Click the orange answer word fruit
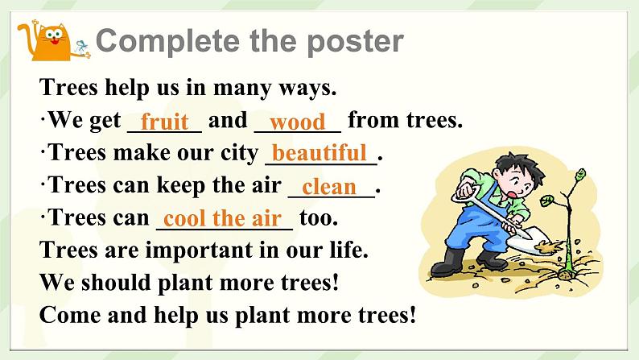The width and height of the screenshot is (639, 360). pyautogui.click(x=164, y=122)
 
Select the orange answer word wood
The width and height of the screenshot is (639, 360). pyautogui.click(x=297, y=122)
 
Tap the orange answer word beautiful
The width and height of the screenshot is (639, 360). pyautogui.click(x=319, y=153)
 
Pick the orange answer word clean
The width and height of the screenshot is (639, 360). pyautogui.click(x=328, y=186)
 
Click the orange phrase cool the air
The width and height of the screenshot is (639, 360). pyautogui.click(x=222, y=218)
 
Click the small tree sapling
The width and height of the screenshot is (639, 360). pyautogui.click(x=572, y=217)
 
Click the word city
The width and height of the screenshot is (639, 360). pyautogui.click(x=238, y=153)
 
